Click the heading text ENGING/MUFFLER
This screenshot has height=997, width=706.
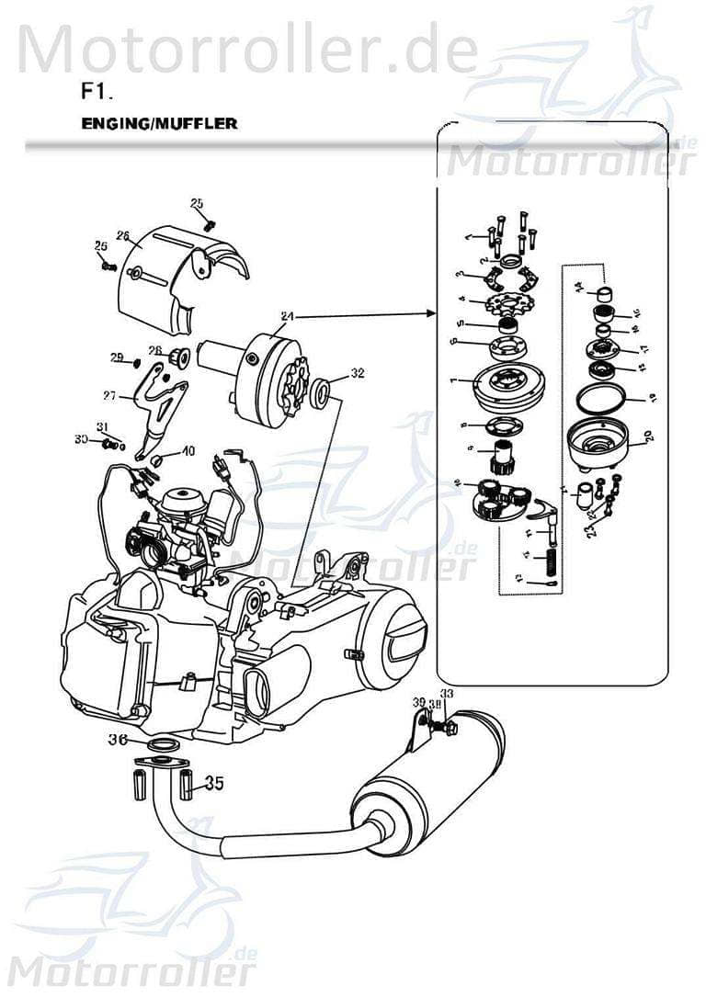tap(159, 124)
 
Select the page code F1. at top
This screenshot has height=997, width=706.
tap(97, 93)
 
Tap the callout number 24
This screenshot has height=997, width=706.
tap(287, 316)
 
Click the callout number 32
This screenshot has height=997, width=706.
tap(357, 374)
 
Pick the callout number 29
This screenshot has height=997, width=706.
tap(117, 357)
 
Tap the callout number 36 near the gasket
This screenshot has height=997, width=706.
tap(118, 740)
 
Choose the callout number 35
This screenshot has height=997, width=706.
tap(213, 783)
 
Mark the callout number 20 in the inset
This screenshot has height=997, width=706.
tap(649, 437)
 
